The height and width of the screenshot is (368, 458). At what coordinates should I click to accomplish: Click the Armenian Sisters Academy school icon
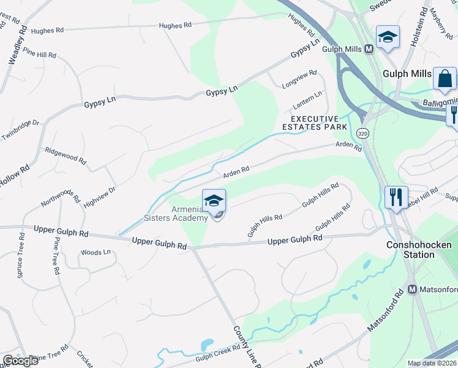tap(214, 201)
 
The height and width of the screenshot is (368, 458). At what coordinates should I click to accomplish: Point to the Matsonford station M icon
tap(412, 289)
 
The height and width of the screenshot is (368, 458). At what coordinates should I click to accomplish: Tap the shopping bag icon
tap(445, 79)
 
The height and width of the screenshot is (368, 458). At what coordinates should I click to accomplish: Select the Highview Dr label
tap(100, 196)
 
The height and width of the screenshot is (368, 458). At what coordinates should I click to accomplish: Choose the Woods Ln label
tap(96, 252)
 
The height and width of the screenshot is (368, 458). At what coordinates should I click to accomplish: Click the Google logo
tap(20, 361)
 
